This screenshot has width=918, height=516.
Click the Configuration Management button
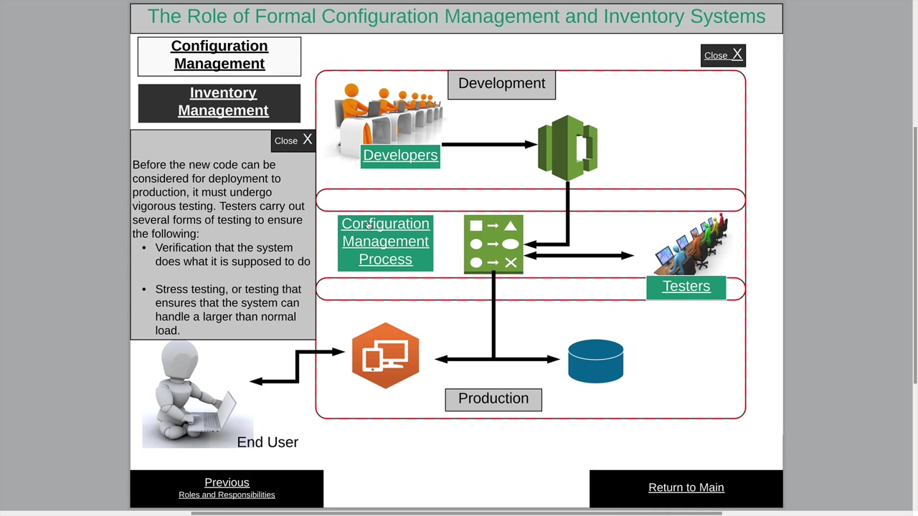click(x=219, y=55)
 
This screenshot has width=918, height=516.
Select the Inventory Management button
click(x=223, y=102)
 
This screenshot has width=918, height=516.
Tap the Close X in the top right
click(x=723, y=55)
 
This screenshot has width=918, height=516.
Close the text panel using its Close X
click(x=293, y=140)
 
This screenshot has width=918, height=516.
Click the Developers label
click(x=400, y=156)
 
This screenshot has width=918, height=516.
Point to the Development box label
click(x=501, y=84)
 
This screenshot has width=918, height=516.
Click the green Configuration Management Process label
click(x=385, y=242)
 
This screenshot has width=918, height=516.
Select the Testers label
click(x=686, y=287)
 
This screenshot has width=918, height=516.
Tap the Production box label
click(x=493, y=399)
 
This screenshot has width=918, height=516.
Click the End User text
click(x=268, y=442)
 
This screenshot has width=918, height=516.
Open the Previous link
click(x=227, y=483)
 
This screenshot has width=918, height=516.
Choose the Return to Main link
click(x=686, y=487)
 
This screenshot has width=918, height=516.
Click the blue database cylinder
click(x=595, y=360)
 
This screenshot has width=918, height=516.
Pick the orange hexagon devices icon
click(x=385, y=356)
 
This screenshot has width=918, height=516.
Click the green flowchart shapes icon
click(x=493, y=244)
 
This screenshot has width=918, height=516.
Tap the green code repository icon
click(x=567, y=148)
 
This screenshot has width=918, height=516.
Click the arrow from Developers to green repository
click(x=488, y=144)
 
